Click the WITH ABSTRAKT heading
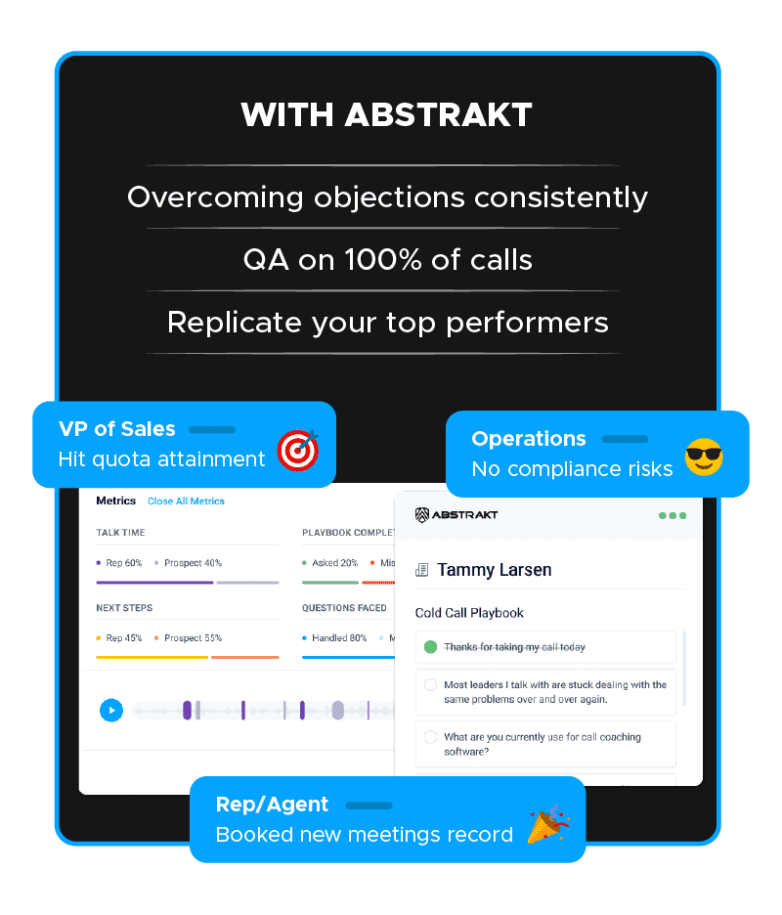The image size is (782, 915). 386,114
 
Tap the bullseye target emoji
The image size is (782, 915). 298,450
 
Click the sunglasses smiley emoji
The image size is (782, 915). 704,457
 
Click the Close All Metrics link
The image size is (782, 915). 186,501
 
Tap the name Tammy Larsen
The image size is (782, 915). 495,570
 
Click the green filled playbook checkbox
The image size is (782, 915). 431,646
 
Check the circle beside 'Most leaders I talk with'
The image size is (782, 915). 431,684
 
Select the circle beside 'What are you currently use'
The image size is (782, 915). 431,737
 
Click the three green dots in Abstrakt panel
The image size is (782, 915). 673,515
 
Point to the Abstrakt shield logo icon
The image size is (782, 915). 422,514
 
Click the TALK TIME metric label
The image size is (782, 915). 120,533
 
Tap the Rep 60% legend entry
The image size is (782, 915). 119,563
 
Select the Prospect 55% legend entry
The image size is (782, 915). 188,638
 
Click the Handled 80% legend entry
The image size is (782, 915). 334,638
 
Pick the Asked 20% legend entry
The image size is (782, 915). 329,563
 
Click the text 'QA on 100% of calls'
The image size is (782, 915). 387,260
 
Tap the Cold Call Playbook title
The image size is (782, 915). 469,613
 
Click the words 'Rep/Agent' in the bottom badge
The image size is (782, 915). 272,805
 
